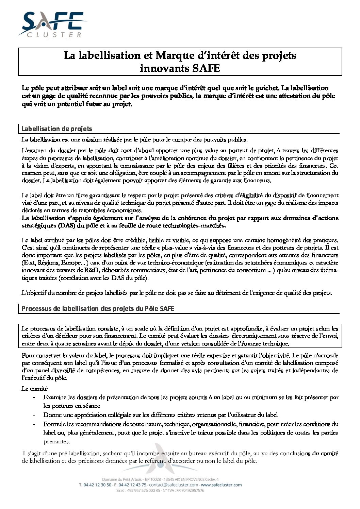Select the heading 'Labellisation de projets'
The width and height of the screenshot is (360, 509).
tap(56, 129)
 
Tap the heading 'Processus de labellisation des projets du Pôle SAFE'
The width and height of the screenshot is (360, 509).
tap(98, 309)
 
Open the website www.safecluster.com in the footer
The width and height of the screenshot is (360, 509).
tap(221, 485)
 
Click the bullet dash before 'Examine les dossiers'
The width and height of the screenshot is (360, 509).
tap(33, 397)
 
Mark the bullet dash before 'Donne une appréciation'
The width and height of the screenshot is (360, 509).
tap(33, 415)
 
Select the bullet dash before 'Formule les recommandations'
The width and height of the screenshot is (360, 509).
tap(33, 424)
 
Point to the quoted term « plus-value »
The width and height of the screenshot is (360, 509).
tap(178, 248)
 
